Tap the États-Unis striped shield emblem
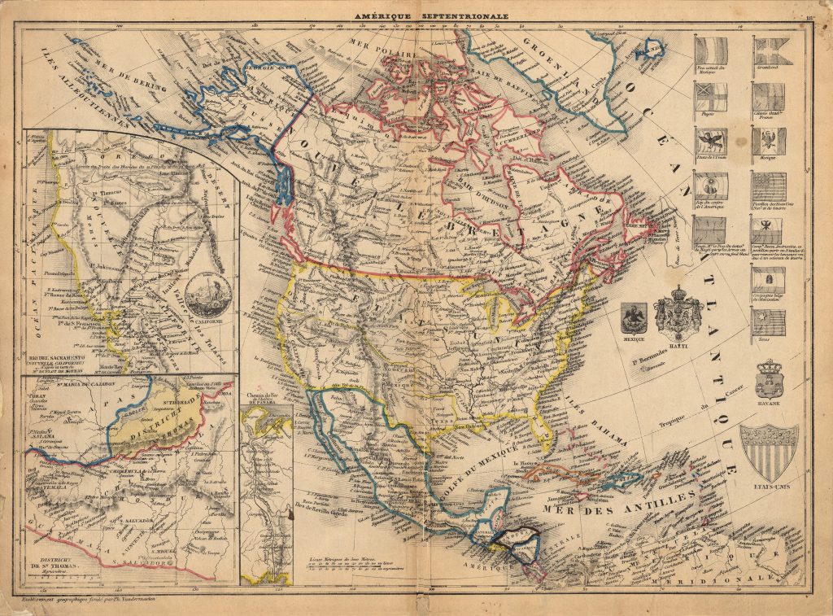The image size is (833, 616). pos(768,452)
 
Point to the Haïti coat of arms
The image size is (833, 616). pos(678,313)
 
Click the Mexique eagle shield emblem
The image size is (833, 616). pos(633,317)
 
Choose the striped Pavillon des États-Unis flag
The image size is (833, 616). pos(768,186)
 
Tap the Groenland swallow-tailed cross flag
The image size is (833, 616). pos(768,52)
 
